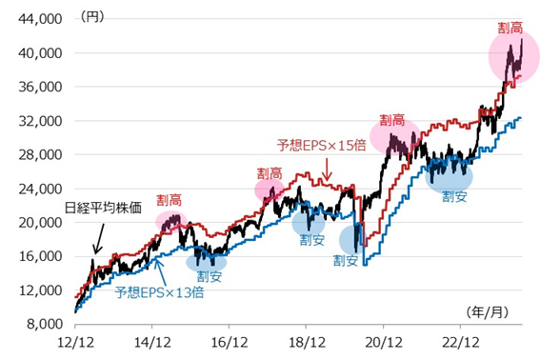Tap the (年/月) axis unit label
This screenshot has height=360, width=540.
[x=492, y=311]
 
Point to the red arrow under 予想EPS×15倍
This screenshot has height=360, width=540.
[x=327, y=170]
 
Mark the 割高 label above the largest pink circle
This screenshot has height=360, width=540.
[x=510, y=28]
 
